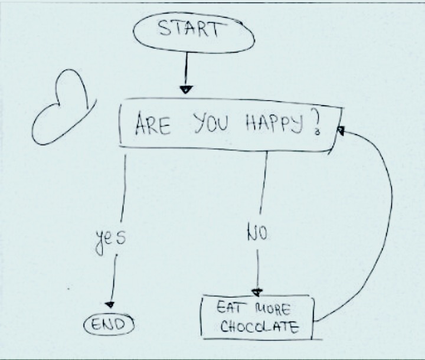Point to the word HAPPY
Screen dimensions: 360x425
272,124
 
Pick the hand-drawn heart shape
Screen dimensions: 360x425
62,109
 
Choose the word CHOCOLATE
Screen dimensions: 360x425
260,326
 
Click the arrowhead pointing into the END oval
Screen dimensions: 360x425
109,305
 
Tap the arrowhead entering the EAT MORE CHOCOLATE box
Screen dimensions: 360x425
257,292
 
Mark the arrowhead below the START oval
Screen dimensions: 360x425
186,90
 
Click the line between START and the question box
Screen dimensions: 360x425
186,68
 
